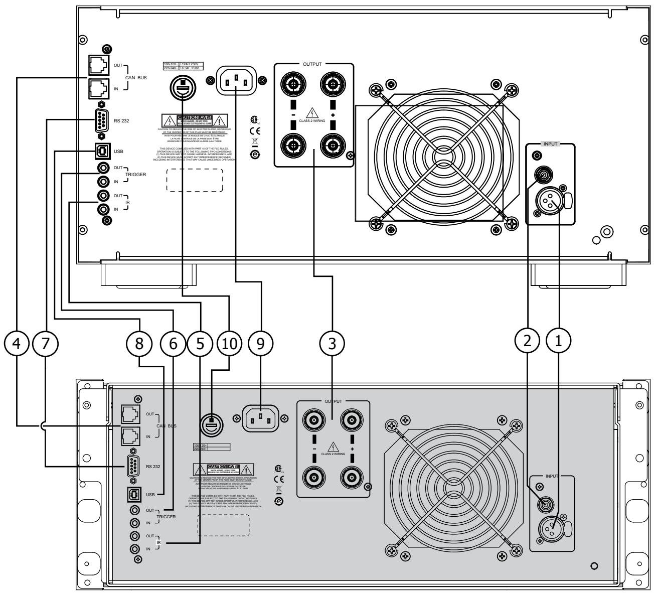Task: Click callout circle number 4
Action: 17,345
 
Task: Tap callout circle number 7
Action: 46,345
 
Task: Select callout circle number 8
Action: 139,345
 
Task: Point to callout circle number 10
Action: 229,345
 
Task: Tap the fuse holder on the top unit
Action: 181,87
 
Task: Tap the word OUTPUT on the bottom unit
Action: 334,401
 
